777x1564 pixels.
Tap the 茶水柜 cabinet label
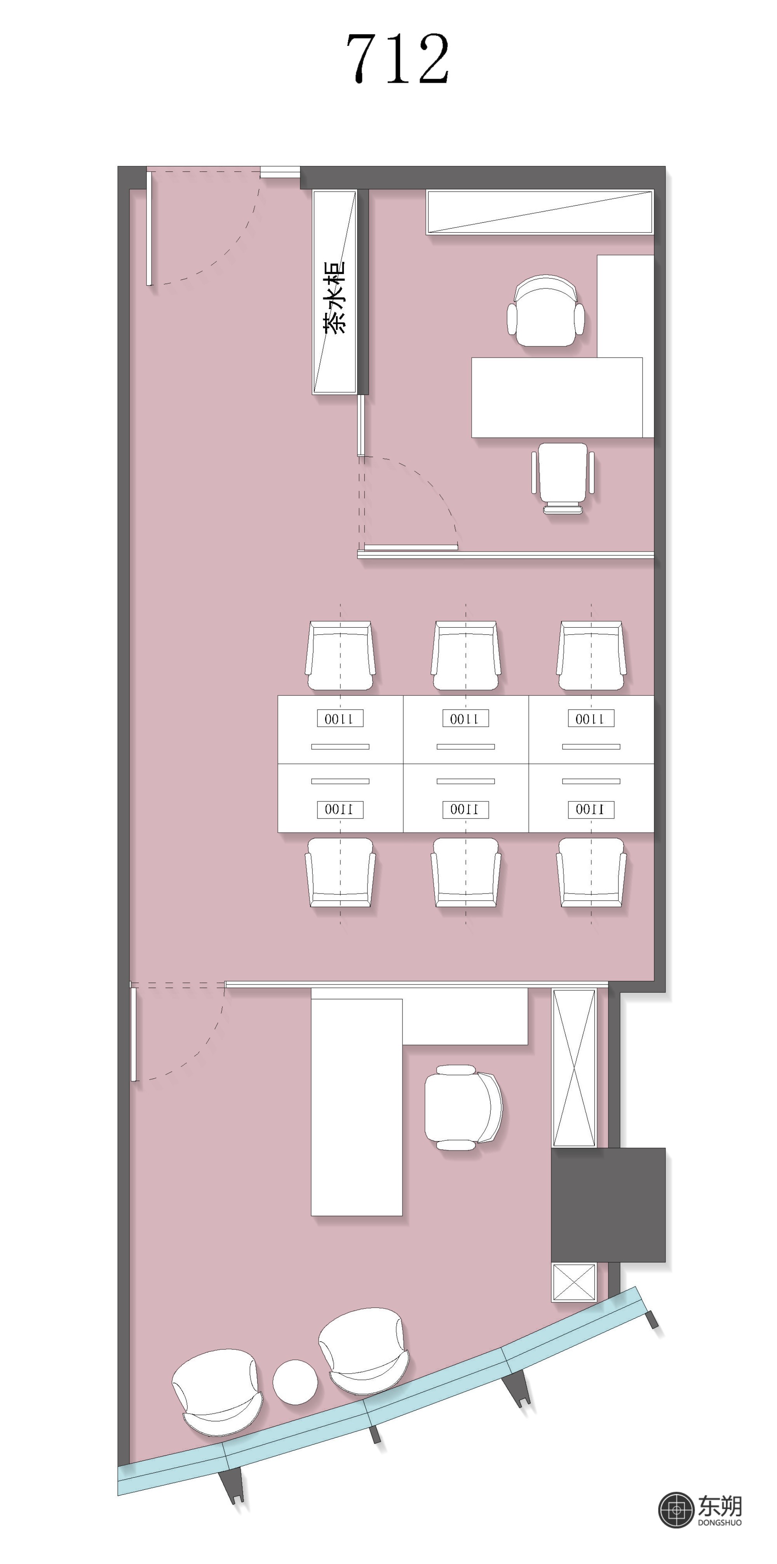click(334, 297)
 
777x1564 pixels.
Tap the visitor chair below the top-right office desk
click(563, 478)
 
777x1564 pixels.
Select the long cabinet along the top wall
click(540, 212)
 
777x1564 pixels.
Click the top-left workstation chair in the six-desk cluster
click(340, 656)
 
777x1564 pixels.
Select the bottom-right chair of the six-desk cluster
click(591, 873)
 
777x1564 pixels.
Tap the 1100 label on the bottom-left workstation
click(340, 809)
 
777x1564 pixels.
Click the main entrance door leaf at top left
click(149, 228)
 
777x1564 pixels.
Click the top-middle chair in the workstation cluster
click(465, 656)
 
